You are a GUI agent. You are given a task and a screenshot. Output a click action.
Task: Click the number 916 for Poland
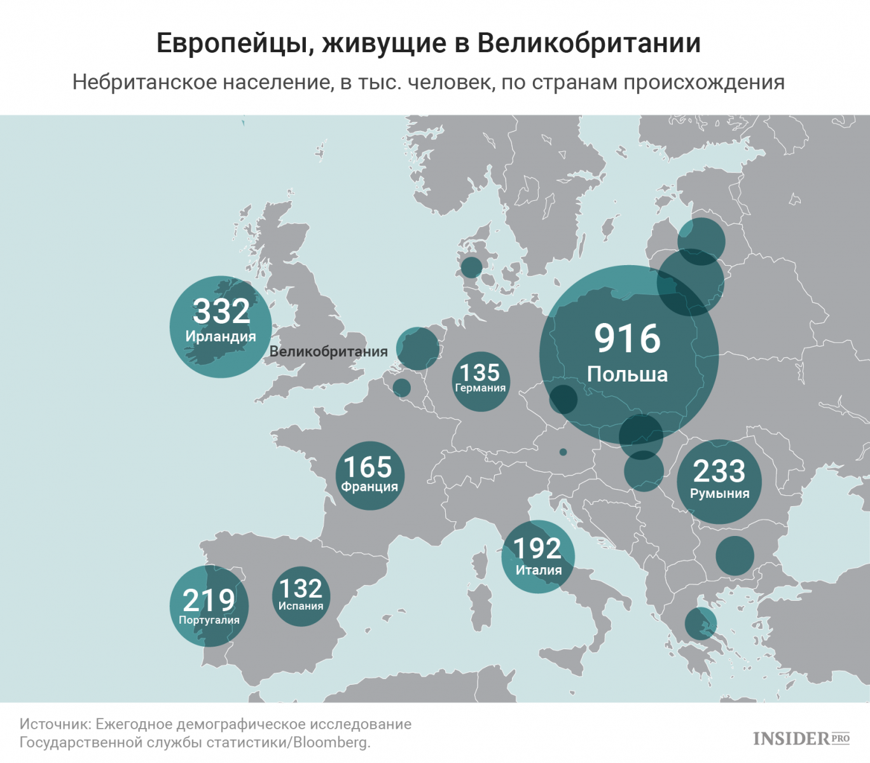(x=628, y=338)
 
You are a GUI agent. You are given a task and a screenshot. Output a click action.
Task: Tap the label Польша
(x=627, y=374)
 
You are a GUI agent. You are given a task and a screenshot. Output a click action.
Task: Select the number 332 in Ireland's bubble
(x=221, y=311)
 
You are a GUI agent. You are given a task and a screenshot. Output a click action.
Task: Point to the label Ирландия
(x=221, y=336)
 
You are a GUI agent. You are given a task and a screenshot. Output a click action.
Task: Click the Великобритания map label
(x=328, y=352)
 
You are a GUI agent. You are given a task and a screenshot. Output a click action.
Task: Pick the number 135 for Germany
(x=480, y=372)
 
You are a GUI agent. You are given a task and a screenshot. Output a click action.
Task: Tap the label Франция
(x=369, y=486)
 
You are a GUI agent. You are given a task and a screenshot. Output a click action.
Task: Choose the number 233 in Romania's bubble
(x=719, y=471)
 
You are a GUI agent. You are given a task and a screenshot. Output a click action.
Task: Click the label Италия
(x=539, y=570)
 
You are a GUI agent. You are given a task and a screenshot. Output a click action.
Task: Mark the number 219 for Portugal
(x=209, y=600)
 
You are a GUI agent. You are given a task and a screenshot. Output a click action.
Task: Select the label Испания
(x=301, y=606)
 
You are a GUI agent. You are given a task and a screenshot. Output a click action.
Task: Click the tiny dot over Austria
(x=563, y=452)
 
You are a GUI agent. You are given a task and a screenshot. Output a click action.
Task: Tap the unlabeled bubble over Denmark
(x=471, y=268)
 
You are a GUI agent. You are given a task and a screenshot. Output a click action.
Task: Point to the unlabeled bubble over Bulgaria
(x=735, y=556)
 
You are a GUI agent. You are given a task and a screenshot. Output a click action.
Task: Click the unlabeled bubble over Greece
(x=700, y=623)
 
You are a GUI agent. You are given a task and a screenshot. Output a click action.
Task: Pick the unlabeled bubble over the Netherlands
(x=418, y=348)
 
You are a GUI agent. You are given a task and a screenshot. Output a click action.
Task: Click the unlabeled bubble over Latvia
(x=701, y=242)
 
